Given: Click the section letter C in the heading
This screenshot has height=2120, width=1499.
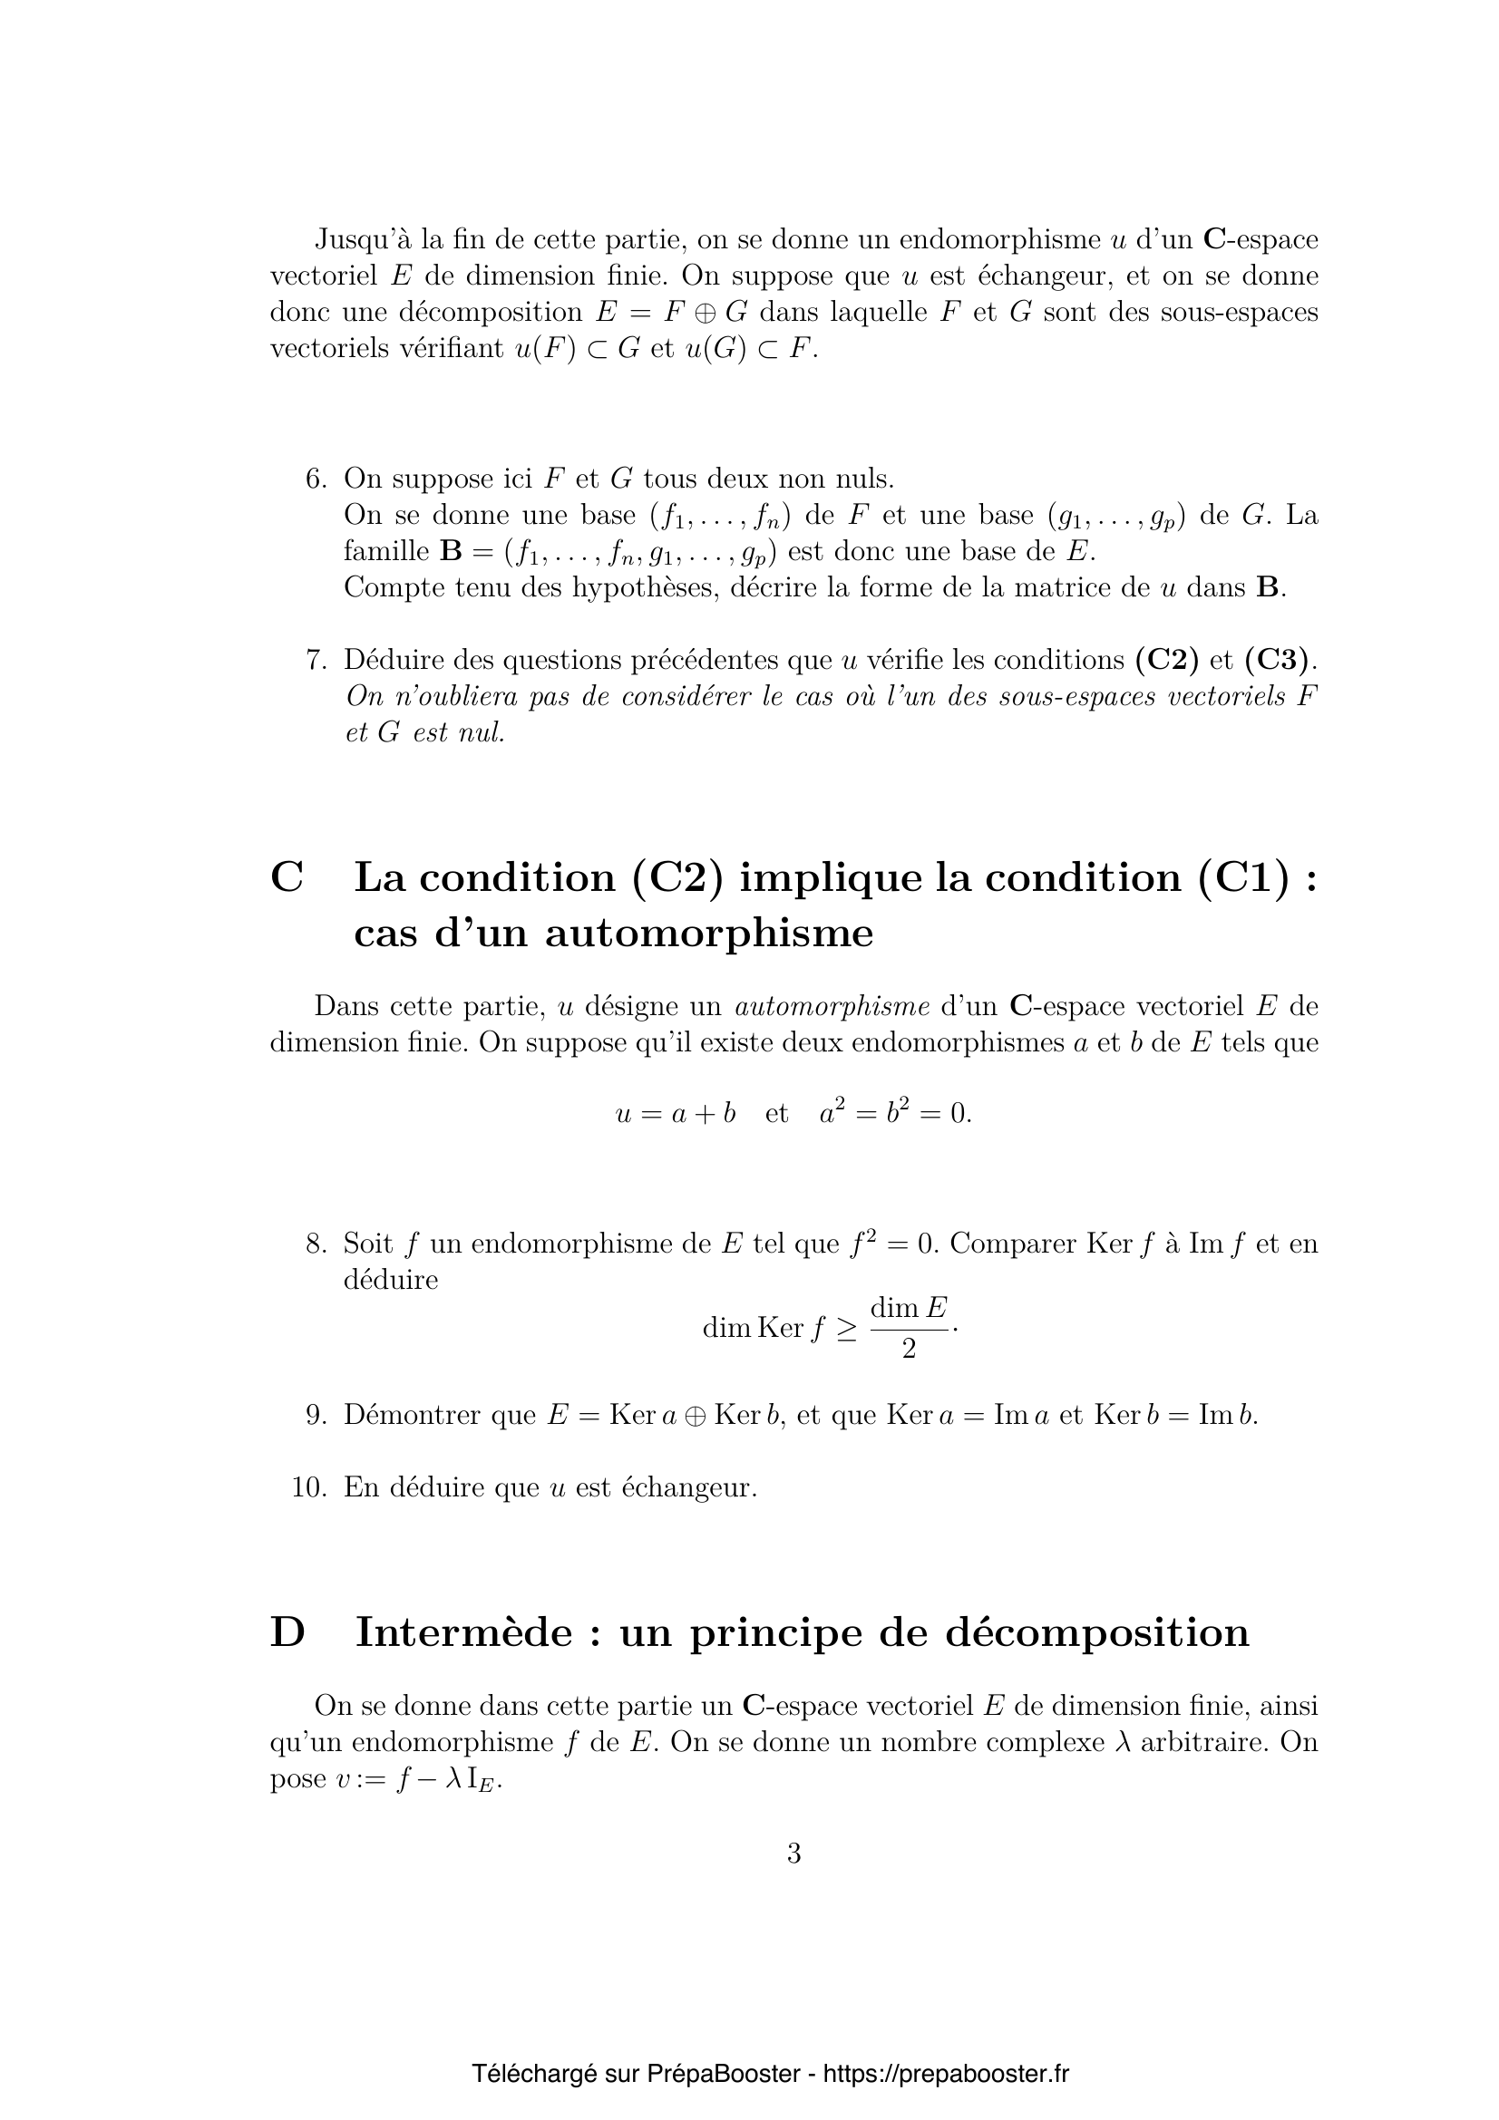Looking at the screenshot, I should (287, 877).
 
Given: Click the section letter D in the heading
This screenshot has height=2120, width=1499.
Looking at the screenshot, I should (287, 1632).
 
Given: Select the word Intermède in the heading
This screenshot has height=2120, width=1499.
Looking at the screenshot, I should (463, 1632).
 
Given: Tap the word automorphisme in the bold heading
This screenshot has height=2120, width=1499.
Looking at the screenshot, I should (708, 934).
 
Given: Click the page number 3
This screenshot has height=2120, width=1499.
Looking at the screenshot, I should (793, 1854).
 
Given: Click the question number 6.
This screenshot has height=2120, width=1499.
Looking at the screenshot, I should (316, 479).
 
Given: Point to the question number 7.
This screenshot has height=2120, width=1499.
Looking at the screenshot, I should (316, 660).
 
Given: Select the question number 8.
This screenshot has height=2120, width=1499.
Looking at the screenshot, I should (316, 1244).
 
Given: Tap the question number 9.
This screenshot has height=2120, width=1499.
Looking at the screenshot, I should (316, 1415).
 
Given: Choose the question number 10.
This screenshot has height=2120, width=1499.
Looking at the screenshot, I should (309, 1487).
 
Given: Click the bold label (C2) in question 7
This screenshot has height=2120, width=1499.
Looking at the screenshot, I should (1167, 660).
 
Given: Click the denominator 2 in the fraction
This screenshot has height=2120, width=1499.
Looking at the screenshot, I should (909, 1349).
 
